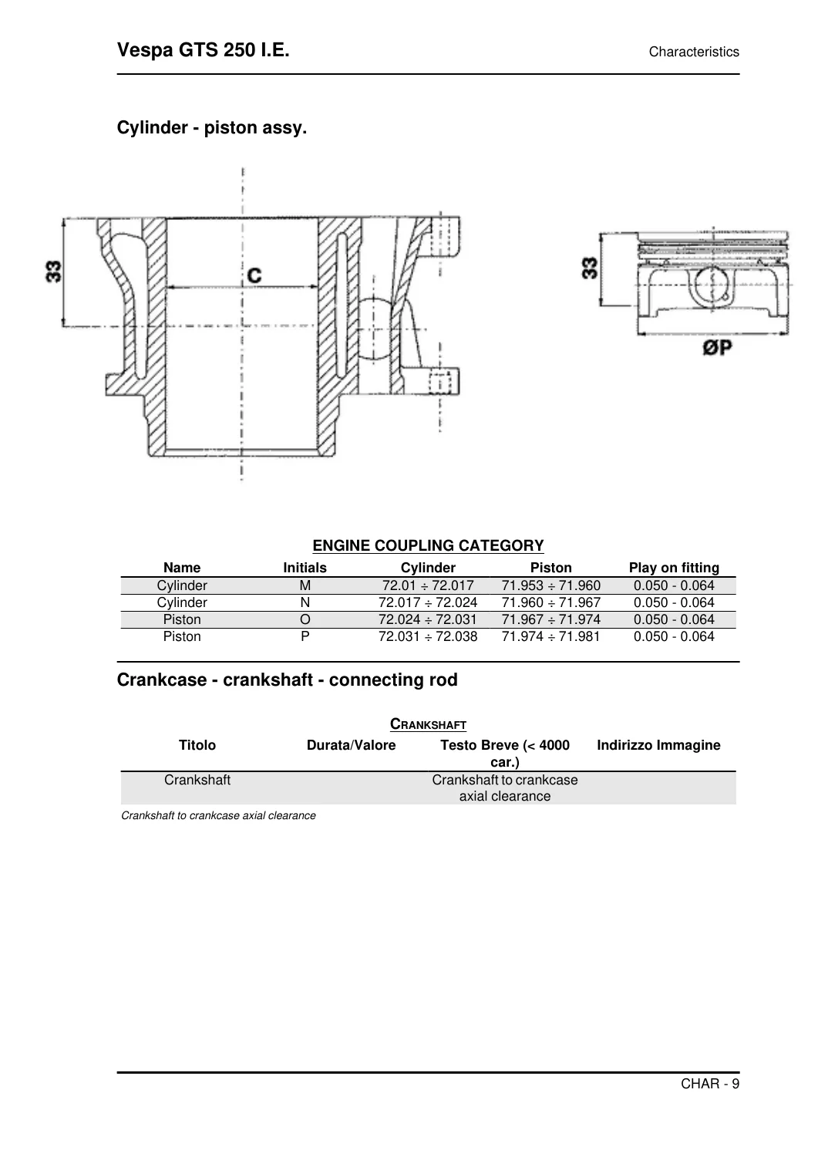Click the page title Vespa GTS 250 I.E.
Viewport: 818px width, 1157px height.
(203, 50)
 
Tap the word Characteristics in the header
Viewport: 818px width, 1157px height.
(694, 52)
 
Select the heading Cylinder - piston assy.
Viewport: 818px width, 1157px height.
(212, 127)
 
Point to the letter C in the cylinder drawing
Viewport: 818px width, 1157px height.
(254, 275)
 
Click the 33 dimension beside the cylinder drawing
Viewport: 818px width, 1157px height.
(54, 272)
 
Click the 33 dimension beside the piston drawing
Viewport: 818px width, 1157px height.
(590, 268)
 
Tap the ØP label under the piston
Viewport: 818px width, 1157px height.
(717, 348)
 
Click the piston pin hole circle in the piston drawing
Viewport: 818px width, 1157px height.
(712, 283)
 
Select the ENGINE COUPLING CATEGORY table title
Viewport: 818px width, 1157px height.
(428, 545)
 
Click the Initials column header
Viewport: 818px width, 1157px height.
(305, 568)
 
